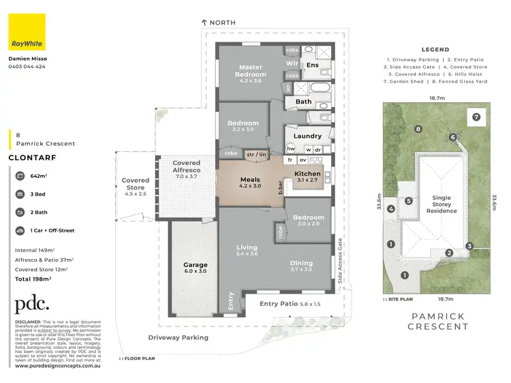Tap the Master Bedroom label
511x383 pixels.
point(250,71)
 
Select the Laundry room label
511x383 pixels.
point(307,136)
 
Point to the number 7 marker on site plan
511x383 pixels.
point(476,117)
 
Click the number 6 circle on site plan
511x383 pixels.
point(453,137)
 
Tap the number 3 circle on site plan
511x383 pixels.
point(469,246)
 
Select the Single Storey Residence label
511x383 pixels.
point(442,204)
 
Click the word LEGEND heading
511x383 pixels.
point(435,50)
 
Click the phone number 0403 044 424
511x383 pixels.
point(27,67)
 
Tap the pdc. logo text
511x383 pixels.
point(32,304)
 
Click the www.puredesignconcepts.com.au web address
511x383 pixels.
point(58,366)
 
